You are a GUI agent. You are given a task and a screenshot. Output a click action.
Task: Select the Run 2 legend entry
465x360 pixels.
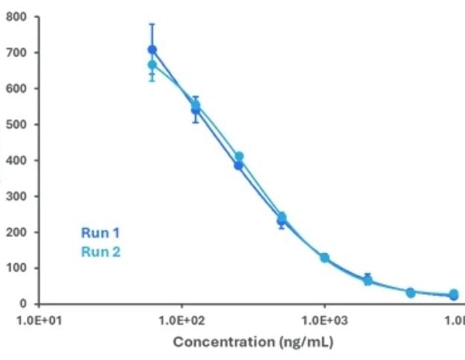100,252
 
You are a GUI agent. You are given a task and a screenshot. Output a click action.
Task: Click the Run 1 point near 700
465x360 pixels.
152,50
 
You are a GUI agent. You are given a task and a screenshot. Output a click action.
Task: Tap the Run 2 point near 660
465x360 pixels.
152,65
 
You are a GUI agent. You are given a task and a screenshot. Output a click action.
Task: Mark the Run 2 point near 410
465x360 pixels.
239,157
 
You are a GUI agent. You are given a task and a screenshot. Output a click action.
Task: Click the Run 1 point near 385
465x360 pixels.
238,165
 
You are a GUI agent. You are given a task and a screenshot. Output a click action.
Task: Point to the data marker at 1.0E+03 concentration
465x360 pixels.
325,257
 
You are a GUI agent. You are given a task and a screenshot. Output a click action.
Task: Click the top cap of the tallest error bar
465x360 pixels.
152,24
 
